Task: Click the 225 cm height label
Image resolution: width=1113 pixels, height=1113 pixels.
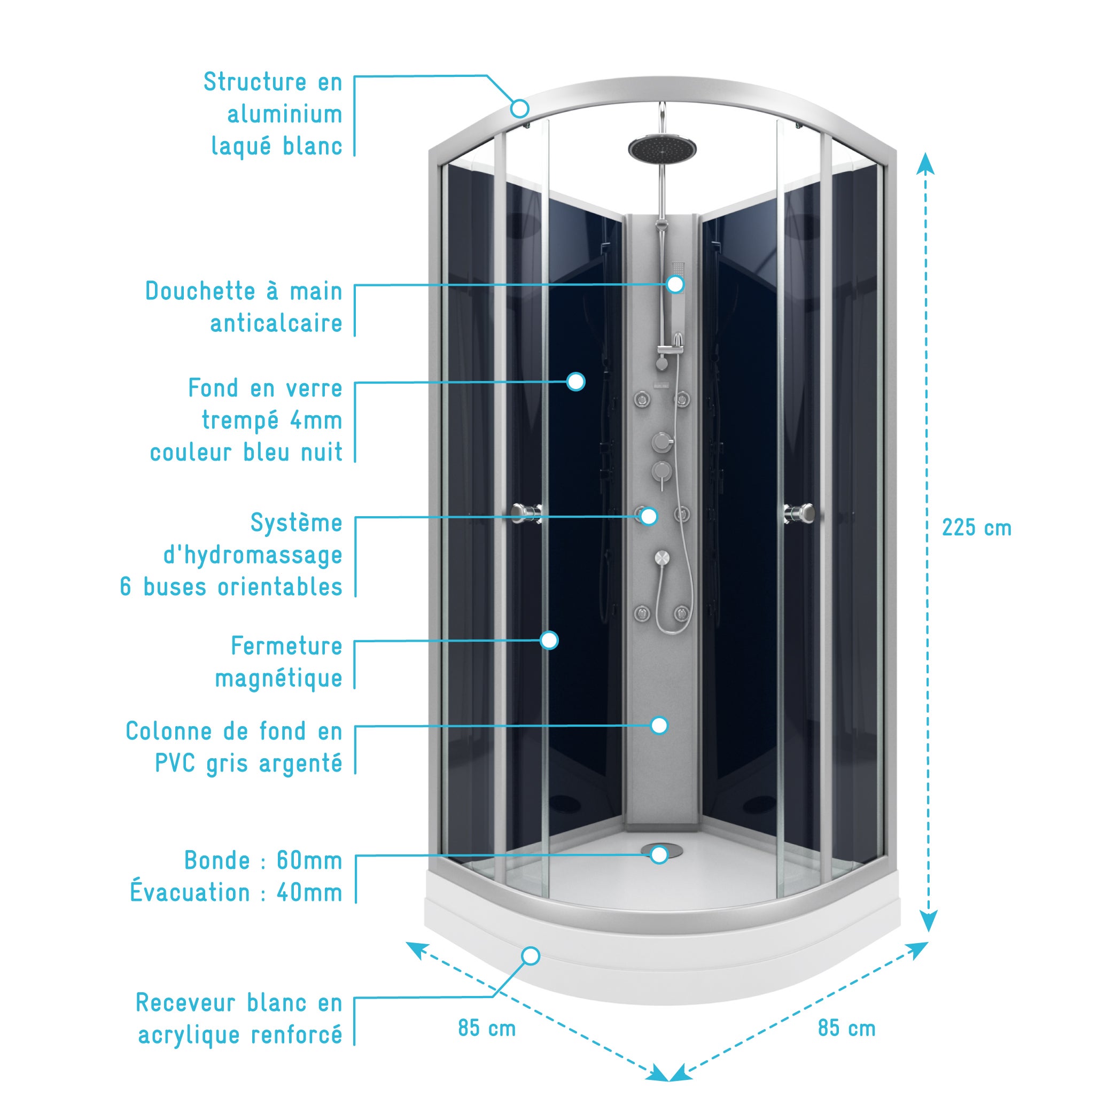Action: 976,528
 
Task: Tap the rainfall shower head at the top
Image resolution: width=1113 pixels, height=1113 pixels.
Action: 662,148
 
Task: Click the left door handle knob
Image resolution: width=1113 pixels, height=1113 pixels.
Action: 526,511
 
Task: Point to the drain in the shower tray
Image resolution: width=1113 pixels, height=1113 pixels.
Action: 661,850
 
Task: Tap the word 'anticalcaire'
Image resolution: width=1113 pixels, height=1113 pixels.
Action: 276,324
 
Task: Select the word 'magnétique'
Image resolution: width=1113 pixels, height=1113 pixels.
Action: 278,679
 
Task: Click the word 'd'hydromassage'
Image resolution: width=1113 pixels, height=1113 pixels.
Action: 253,555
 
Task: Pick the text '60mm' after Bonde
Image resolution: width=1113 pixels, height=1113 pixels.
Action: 309,861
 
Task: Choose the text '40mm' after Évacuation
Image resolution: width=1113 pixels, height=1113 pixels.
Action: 309,893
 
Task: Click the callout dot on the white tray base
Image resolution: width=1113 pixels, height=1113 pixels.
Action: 531,956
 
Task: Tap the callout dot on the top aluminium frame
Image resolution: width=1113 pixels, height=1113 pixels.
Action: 520,108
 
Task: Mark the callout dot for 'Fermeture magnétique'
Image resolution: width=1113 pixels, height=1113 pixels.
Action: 550,640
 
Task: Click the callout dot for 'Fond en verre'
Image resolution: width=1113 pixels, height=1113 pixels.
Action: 575,382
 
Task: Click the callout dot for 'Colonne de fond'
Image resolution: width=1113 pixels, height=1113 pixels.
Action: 659,725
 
